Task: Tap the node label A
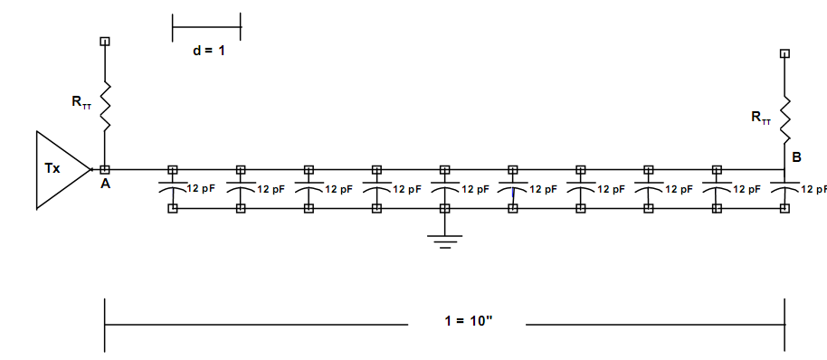pos(106,184)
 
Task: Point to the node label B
pos(796,157)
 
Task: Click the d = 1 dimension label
pos(208,52)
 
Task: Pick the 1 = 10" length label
pos(469,320)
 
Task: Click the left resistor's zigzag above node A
pos(105,106)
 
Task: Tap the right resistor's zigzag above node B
pos(784,119)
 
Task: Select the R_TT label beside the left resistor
pos(81,102)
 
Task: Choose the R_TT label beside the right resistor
pos(761,118)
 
